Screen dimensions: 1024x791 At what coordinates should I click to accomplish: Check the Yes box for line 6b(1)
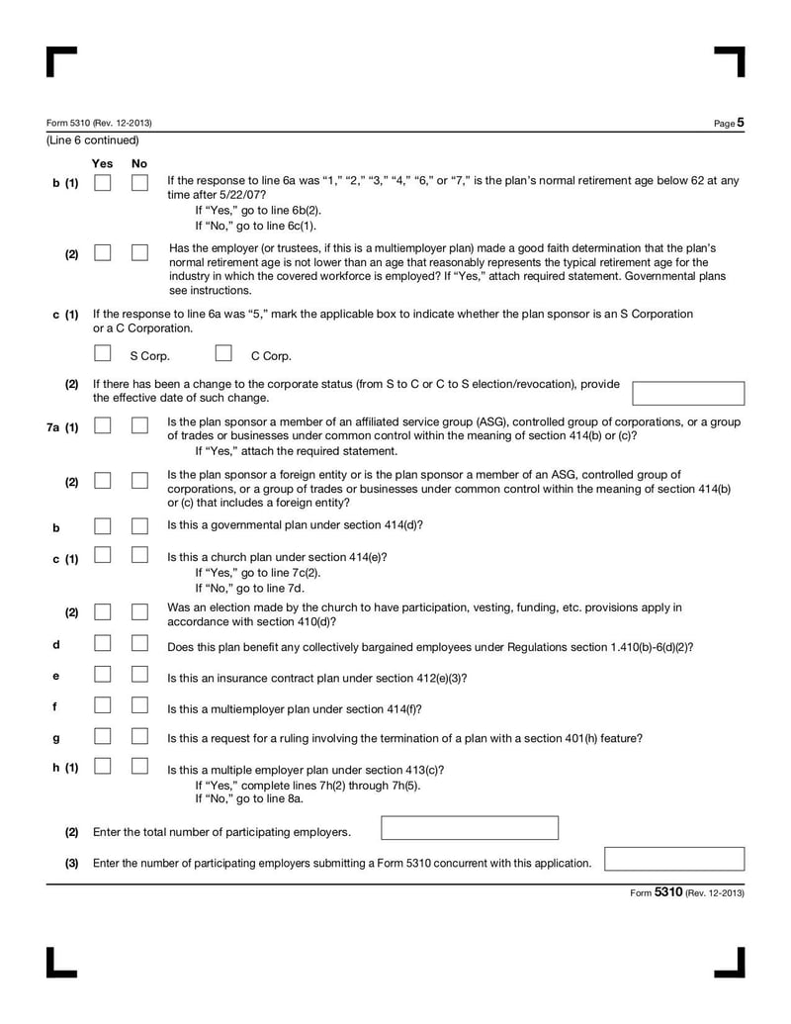tap(103, 183)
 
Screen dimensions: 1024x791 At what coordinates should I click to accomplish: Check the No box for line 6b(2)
tap(139, 253)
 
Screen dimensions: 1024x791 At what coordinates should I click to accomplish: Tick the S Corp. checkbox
tap(103, 353)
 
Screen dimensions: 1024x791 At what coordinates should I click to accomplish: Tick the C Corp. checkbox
tap(223, 353)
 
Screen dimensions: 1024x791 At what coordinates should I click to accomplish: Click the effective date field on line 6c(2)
tap(687, 393)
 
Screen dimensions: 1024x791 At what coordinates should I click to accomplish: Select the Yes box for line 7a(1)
tap(103, 425)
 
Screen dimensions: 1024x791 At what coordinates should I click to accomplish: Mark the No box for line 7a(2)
tap(139, 480)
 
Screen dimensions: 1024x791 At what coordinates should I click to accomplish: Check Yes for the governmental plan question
tap(103, 525)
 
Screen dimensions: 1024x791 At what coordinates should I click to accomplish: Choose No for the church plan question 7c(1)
tap(139, 556)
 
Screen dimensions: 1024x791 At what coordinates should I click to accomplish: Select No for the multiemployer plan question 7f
tap(139, 706)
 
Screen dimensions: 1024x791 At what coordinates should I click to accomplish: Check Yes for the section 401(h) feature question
tap(103, 736)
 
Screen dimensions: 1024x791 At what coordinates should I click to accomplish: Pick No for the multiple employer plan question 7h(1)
tap(139, 766)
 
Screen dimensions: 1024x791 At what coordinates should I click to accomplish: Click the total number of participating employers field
tap(470, 828)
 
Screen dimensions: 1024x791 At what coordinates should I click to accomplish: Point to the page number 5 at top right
tap(740, 123)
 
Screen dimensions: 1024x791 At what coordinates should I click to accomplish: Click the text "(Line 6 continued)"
tap(93, 140)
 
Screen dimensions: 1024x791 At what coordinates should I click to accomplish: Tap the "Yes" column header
tap(102, 163)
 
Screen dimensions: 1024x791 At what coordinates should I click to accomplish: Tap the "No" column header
tap(139, 163)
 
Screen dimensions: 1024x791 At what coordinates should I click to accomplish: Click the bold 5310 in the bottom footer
tap(668, 892)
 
